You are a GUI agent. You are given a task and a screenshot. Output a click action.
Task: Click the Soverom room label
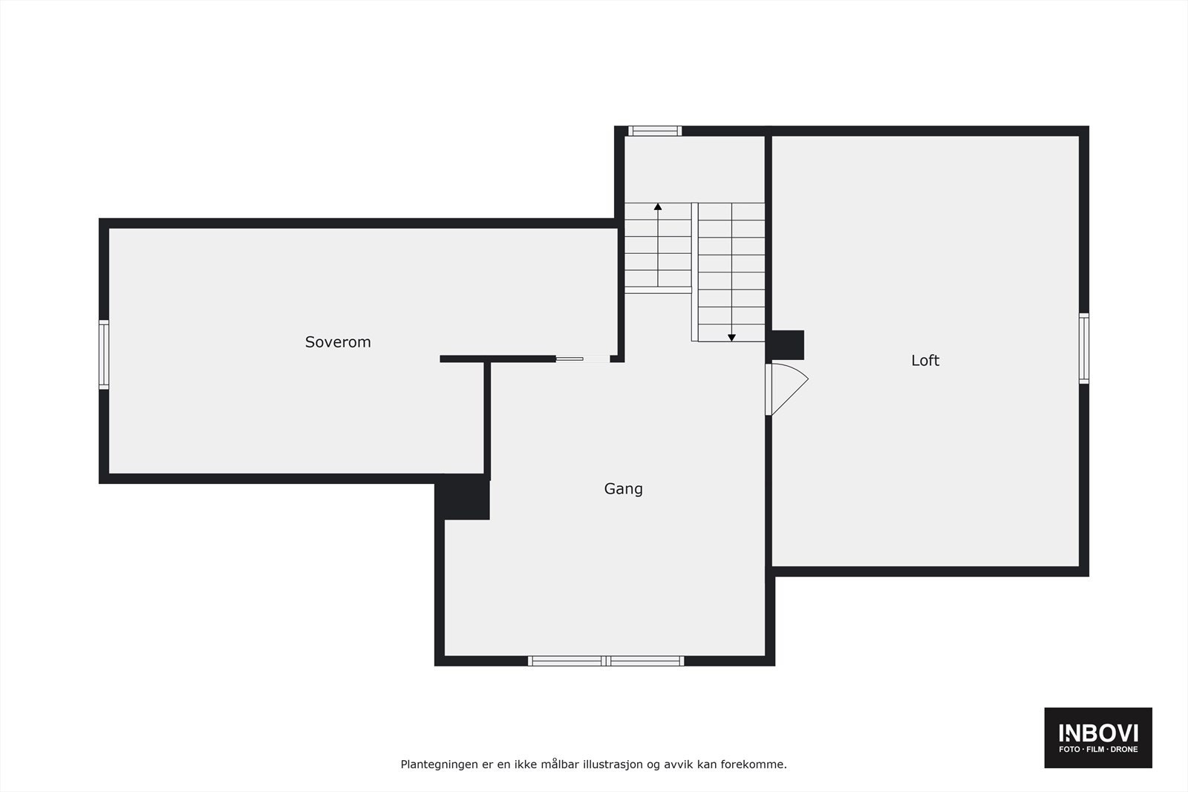tap(338, 342)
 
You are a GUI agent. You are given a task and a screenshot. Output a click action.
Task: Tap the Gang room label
tap(623, 488)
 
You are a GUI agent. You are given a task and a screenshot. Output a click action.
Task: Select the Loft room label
tap(925, 360)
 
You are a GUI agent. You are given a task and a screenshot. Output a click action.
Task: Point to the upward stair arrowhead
tap(658, 207)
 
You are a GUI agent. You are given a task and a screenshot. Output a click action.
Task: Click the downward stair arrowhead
tap(731, 338)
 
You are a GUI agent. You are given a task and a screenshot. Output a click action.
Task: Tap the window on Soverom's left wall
tap(104, 354)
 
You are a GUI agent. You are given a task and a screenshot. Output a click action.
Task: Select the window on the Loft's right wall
tap(1084, 348)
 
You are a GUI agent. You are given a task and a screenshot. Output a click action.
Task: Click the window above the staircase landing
tap(655, 131)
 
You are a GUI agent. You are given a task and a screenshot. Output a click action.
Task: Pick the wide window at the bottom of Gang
tap(606, 661)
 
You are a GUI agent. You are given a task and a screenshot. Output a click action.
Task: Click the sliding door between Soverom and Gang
tap(582, 359)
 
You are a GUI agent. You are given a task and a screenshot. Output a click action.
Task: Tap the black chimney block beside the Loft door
tap(788, 345)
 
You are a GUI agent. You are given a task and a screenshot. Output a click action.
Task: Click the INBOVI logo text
tap(1098, 733)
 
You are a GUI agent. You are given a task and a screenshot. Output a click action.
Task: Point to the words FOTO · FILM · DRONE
tap(1098, 750)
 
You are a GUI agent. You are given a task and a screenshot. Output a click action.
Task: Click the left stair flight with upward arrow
tap(658, 248)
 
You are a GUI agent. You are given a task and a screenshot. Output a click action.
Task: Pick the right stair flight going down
tap(731, 272)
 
